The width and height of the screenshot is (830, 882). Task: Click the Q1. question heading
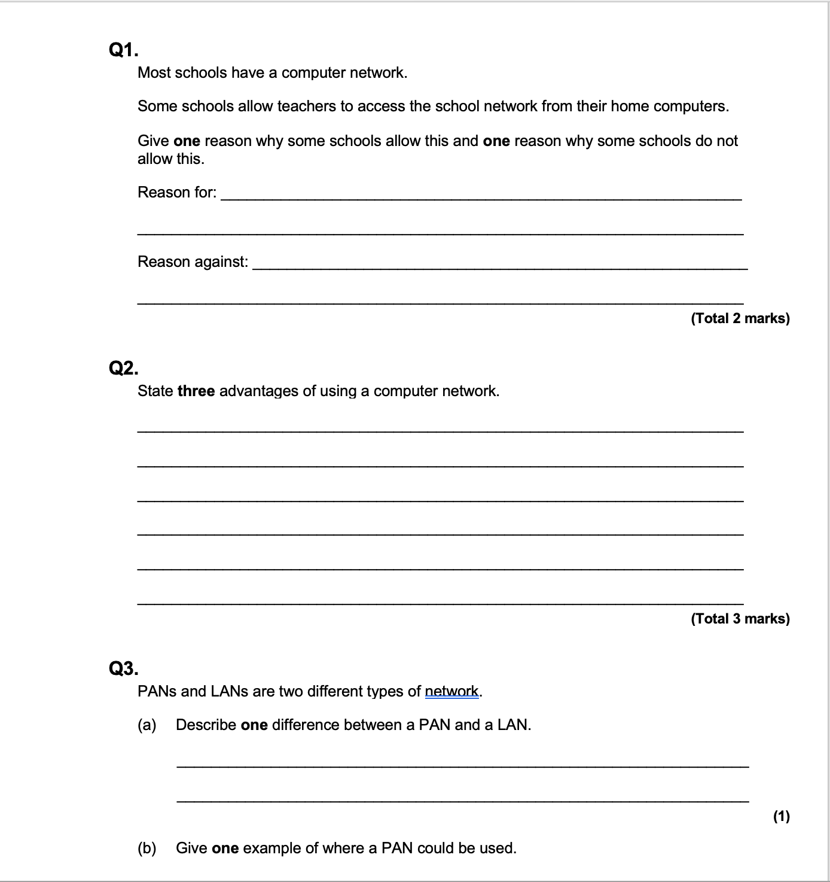[123, 50]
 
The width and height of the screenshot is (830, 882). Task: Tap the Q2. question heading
[123, 368]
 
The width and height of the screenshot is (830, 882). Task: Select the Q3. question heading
[123, 668]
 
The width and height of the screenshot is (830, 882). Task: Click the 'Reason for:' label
[177, 193]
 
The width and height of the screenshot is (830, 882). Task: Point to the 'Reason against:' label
[193, 262]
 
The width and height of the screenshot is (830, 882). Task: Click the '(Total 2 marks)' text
[740, 318]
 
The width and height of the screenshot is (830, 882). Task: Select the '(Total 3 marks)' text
[740, 619]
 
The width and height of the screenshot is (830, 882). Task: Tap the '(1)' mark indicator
[781, 816]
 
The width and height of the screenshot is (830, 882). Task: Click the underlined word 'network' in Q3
[451, 692]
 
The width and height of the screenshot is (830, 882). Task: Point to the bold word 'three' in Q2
[196, 391]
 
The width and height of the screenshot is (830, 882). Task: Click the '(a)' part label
[147, 725]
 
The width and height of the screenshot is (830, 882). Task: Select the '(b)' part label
[147, 848]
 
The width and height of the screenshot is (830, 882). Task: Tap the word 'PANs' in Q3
[157, 692]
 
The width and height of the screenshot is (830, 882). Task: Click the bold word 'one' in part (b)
[225, 848]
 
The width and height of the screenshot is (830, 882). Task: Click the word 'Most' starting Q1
[154, 73]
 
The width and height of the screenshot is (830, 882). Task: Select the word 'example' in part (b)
[272, 848]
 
